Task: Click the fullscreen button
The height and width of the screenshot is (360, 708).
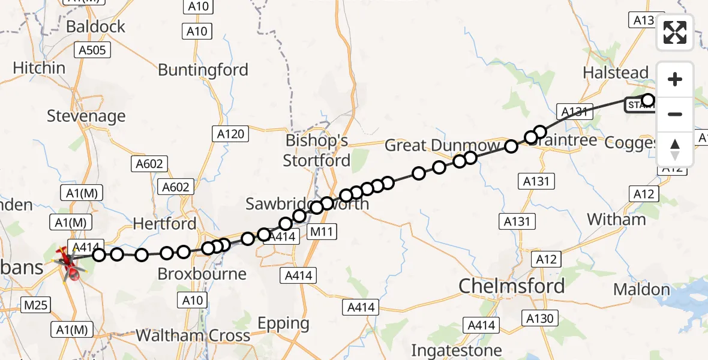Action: pyautogui.click(x=675, y=32)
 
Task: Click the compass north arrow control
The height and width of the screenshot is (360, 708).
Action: pyautogui.click(x=675, y=149)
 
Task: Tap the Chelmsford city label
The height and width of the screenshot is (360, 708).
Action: pyautogui.click(x=512, y=286)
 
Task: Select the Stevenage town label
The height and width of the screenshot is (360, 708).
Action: pyautogui.click(x=86, y=116)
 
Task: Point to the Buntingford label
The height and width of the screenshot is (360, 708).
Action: pyautogui.click(x=203, y=70)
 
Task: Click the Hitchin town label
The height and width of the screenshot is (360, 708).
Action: pyautogui.click(x=39, y=68)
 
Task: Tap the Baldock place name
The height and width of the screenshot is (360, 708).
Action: pyautogui.click(x=96, y=26)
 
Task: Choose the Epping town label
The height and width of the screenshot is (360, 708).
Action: pyautogui.click(x=283, y=323)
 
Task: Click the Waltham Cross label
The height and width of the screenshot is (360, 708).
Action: pyautogui.click(x=193, y=335)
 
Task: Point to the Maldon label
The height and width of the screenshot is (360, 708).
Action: pyautogui.click(x=641, y=290)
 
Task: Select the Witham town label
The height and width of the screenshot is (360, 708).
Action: pyautogui.click(x=616, y=220)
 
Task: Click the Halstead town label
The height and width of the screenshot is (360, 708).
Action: pyautogui.click(x=616, y=73)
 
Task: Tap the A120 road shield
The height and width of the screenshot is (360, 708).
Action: pyautogui.click(x=231, y=134)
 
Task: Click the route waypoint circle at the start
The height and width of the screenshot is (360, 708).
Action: pyautogui.click(x=648, y=100)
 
